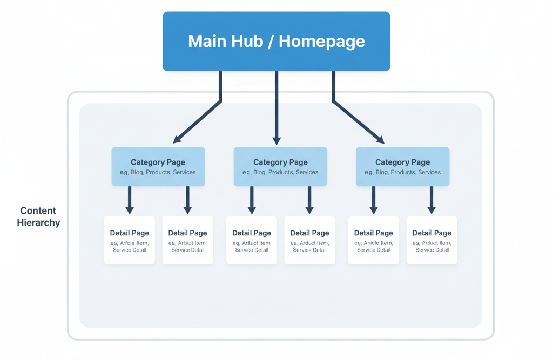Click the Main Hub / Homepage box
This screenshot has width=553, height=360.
(x=276, y=41)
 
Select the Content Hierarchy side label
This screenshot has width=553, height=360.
(x=38, y=216)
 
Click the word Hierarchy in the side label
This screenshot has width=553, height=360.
(x=38, y=222)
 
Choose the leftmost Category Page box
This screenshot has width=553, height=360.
(x=158, y=166)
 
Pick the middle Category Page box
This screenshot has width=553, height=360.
(x=280, y=166)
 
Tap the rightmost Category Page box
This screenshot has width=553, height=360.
(x=402, y=166)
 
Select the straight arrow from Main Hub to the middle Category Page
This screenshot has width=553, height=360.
(x=276, y=108)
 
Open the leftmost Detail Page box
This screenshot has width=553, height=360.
(x=130, y=240)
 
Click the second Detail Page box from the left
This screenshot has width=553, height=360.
(x=187, y=240)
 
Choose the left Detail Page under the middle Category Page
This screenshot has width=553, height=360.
(x=252, y=240)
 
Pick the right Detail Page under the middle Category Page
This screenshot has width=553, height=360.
(x=309, y=240)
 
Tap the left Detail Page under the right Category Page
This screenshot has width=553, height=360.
(x=374, y=240)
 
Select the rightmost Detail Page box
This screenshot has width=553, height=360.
(x=431, y=240)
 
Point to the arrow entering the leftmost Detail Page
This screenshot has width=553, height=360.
(x=130, y=200)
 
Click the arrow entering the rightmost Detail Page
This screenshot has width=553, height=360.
(x=431, y=200)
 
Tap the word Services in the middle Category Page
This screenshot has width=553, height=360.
(x=307, y=172)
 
